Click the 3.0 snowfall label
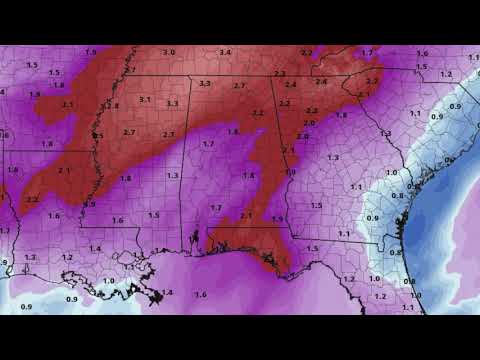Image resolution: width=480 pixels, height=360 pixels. pos(169,52)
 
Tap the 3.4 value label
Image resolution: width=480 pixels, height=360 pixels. pos(225,52)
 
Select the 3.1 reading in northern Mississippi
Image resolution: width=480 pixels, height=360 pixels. pos(145,99)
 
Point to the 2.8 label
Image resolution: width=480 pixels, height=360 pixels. pos(112,105)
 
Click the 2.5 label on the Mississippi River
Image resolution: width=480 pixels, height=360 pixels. pos(98,135)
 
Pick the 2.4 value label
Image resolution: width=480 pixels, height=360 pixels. pos(291,85)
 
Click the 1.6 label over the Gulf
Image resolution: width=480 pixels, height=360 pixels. pos(200,294)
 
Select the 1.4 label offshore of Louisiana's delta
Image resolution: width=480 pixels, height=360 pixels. pos(167,292)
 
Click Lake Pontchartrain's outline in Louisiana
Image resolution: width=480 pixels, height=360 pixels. pos(129,266)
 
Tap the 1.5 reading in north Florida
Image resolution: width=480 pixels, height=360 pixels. pos(312,248)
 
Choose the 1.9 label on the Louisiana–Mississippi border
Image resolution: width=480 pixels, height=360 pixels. pos(90,204)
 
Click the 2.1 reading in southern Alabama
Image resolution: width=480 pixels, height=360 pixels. pos(246,216)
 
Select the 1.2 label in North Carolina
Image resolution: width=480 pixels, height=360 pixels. pos(446,73)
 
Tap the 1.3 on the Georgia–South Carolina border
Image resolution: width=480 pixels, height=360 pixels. pos(384,132)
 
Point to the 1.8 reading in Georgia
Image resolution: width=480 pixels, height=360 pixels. pos(341,115)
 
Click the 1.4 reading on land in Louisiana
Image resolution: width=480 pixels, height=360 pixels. pos(95,248)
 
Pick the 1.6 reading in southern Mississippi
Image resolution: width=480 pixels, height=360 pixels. pos(117,220)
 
